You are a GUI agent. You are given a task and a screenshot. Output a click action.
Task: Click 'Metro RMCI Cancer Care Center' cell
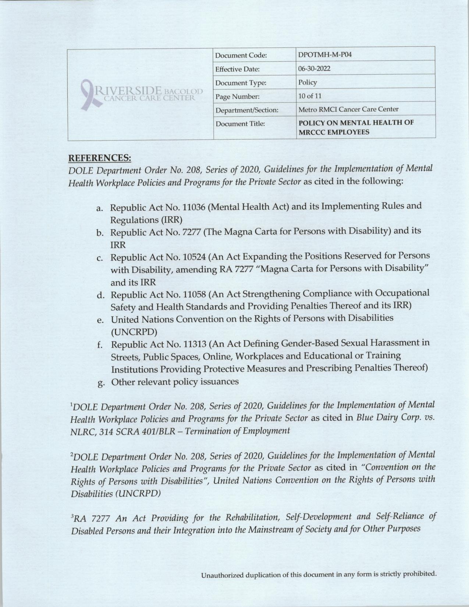(348, 109)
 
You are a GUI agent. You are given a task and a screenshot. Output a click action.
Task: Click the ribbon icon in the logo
(88, 94)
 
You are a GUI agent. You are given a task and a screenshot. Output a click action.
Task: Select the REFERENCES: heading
(100, 158)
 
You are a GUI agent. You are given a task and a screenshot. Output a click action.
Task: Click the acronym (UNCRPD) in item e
(134, 332)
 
